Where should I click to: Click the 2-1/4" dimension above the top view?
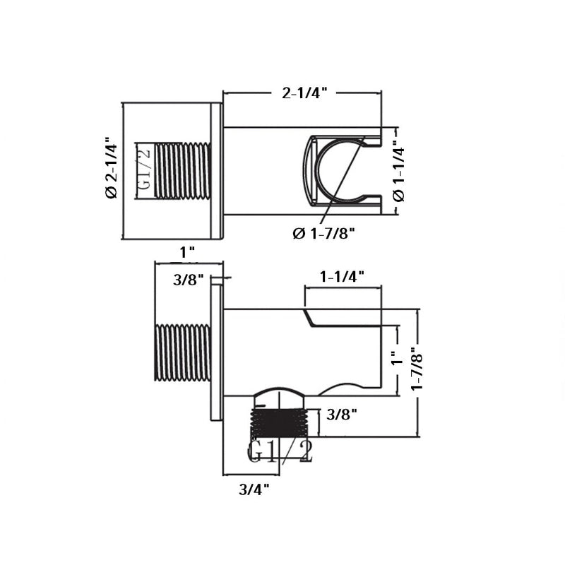[x=304, y=93]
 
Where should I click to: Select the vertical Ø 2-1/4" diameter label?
[x=111, y=168]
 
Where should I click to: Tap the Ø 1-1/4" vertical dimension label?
[x=399, y=169]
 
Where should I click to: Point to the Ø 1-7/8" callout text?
[x=323, y=234]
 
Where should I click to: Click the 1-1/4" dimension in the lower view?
[x=342, y=277]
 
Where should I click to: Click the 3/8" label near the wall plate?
[x=189, y=280]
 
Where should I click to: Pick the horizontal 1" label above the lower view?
[x=187, y=252]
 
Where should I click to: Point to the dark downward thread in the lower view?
[x=281, y=424]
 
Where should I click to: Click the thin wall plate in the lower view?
[x=216, y=353]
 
